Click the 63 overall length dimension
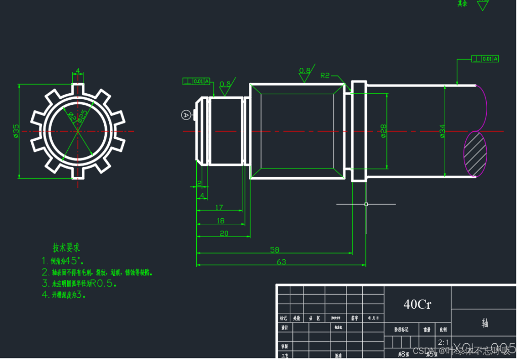pyautogui.click(x=281, y=262)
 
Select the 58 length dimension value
pyautogui.click(x=275, y=250)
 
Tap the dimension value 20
pyautogui.click(x=224, y=233)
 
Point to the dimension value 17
pyautogui.click(x=219, y=207)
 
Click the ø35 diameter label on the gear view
pyautogui.click(x=16, y=131)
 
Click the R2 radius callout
pyautogui.click(x=325, y=75)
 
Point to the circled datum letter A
pyautogui.click(x=186, y=115)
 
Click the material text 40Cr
pyautogui.click(x=417, y=304)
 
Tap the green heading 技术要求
pyautogui.click(x=66, y=248)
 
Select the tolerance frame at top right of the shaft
pyautogui.click(x=485, y=59)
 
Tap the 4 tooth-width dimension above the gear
pyautogui.click(x=77, y=71)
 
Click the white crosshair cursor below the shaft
pyautogui.click(x=366, y=204)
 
